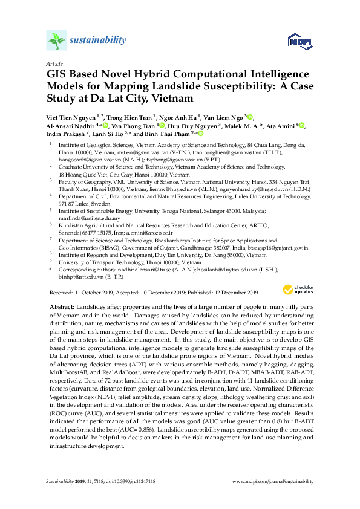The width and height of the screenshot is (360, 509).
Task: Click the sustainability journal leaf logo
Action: (x=56, y=41)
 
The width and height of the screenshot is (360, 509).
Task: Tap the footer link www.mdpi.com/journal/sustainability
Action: (x=273, y=481)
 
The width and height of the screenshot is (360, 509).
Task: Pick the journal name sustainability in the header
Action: (x=98, y=41)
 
